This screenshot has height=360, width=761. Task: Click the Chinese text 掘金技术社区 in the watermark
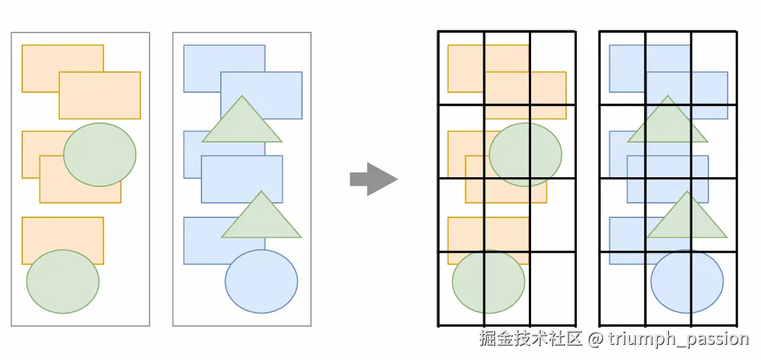(531, 339)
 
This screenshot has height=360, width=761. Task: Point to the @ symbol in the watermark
(596, 339)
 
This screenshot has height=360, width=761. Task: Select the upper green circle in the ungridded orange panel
(100, 154)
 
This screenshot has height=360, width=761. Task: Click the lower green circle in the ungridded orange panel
(62, 281)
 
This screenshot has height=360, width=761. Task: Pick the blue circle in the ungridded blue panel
(261, 281)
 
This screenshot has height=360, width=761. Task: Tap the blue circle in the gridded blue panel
(687, 281)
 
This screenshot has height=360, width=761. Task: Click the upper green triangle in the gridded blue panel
(668, 123)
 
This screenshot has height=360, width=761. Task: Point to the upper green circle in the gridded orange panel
(526, 154)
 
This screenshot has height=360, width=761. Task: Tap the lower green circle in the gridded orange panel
(488, 281)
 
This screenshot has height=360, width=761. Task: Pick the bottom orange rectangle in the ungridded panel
(62, 233)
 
